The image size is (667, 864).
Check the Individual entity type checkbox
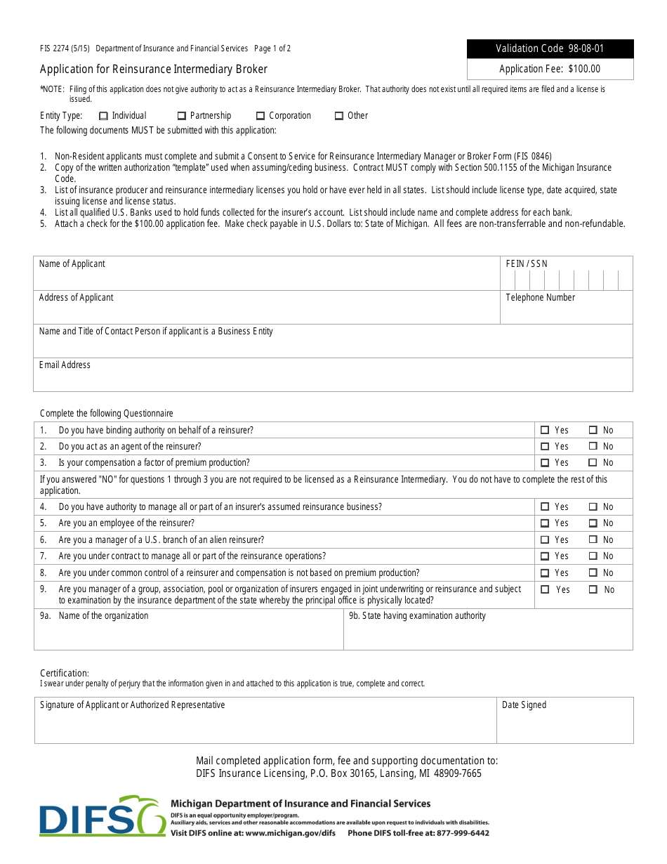point(103,116)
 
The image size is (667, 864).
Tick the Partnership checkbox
point(181,116)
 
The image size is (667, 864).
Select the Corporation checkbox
point(260,116)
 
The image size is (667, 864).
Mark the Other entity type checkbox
point(338,116)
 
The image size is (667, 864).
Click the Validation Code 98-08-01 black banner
point(550,48)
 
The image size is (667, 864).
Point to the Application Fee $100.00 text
point(550,69)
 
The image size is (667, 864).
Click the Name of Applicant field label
point(72,264)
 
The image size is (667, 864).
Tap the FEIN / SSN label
point(527,264)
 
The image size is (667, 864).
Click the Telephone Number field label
point(540,298)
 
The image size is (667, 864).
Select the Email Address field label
point(65,365)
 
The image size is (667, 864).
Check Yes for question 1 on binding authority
point(545,430)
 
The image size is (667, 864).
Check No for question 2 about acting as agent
point(593,447)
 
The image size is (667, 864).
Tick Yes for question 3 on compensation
point(545,463)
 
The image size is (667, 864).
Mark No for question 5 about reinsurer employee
point(593,523)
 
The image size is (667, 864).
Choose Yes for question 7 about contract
point(545,556)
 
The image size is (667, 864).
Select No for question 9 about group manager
point(593,590)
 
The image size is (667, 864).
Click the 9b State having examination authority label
point(417,616)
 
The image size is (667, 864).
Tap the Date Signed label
point(524,705)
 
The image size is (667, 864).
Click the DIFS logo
point(102,816)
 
